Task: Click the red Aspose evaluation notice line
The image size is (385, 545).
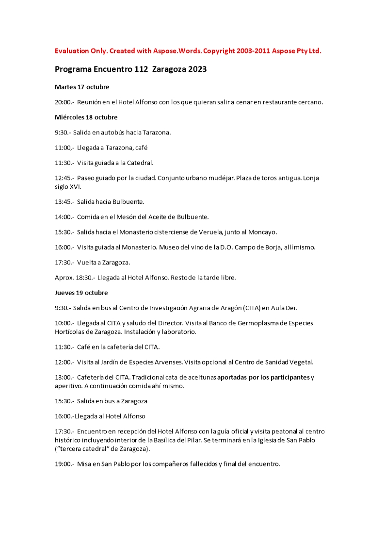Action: point(188,51)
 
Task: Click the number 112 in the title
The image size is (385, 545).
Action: point(141,69)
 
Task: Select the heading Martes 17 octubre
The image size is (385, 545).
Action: point(82,87)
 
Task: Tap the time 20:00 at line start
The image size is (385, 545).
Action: point(63,102)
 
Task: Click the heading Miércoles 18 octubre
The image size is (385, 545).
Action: point(86,117)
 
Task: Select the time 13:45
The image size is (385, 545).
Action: point(63,201)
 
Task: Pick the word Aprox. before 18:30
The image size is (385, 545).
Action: point(64,278)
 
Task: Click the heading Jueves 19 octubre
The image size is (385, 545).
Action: point(81,293)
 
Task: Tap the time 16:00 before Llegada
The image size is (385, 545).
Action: point(63,416)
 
